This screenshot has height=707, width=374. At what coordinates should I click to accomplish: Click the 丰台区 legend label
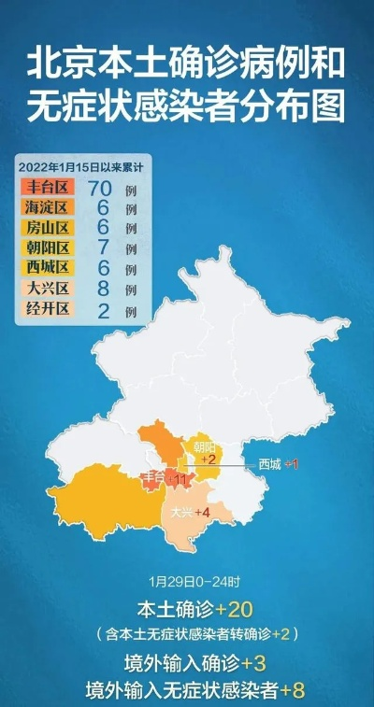(x=44, y=187)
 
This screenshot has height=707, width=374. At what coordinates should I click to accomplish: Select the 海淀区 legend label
(x=44, y=207)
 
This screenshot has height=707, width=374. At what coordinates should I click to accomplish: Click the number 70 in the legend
(x=99, y=187)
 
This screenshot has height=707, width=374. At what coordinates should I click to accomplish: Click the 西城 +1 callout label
(x=279, y=464)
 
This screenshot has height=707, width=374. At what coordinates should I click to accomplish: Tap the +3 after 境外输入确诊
(x=252, y=663)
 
